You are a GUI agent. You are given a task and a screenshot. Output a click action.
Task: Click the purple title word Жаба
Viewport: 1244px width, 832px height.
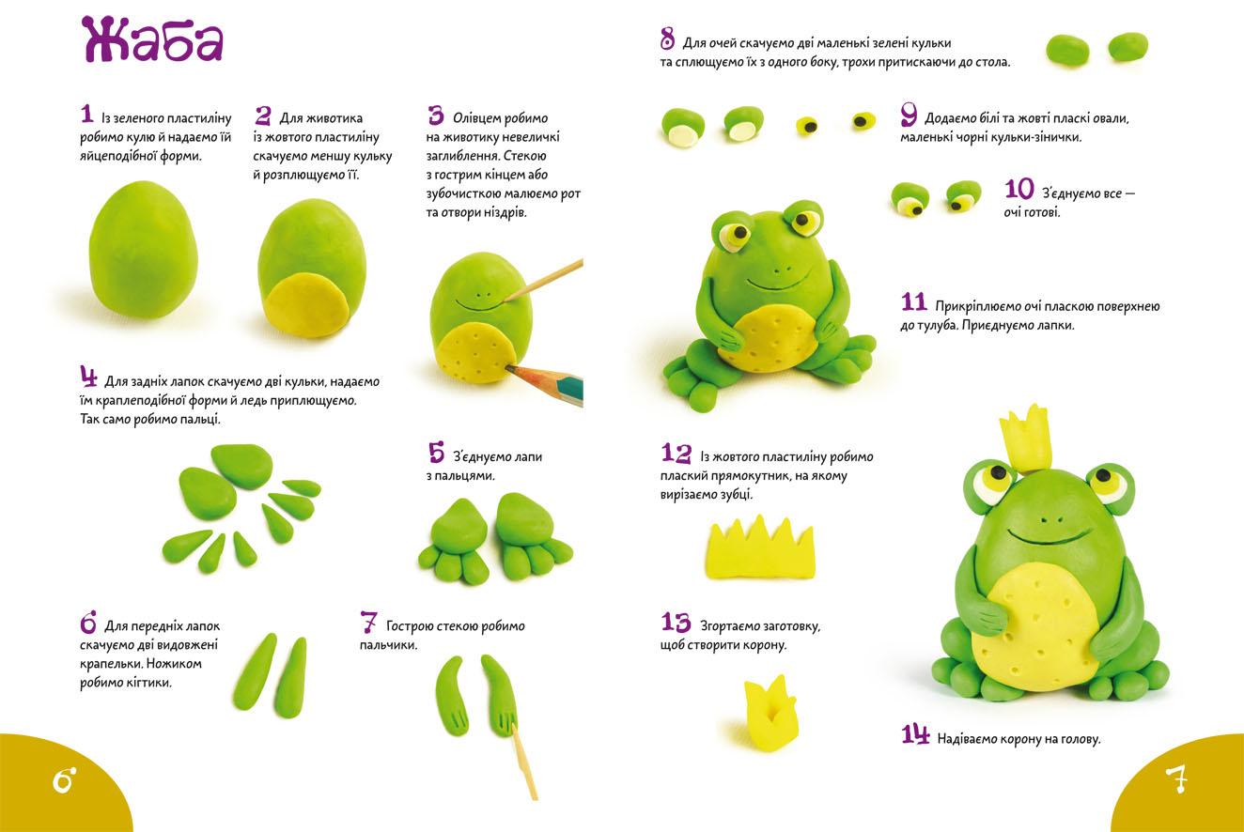151,40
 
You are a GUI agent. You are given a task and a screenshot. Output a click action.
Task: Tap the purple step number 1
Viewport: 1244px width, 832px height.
86,114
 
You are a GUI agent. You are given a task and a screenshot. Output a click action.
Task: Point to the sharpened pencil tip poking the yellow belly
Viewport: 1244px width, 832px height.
507,367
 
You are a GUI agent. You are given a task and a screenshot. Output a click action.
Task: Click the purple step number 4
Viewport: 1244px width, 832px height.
88,377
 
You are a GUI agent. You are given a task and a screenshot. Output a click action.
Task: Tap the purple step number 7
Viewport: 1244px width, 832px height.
368,623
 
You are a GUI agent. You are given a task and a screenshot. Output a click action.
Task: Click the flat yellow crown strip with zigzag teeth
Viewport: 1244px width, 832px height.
760,548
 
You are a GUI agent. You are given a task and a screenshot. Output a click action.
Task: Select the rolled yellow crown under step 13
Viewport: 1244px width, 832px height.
770,713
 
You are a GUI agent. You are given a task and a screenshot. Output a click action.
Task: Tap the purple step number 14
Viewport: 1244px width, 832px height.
915,734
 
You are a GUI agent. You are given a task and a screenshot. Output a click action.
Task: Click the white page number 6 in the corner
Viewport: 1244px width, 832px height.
64,780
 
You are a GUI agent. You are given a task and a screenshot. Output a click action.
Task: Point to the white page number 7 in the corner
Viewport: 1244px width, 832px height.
1176,779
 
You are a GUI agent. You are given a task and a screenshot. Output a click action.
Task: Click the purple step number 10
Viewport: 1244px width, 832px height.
1019,190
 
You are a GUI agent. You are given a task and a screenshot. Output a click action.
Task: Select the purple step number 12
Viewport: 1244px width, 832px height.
676,453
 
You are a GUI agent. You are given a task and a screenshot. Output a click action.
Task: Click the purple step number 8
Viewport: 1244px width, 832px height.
667,39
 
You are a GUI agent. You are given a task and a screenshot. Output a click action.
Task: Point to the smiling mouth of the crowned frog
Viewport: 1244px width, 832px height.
1048,536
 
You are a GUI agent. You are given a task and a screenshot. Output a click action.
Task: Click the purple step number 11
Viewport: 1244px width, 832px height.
914,302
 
